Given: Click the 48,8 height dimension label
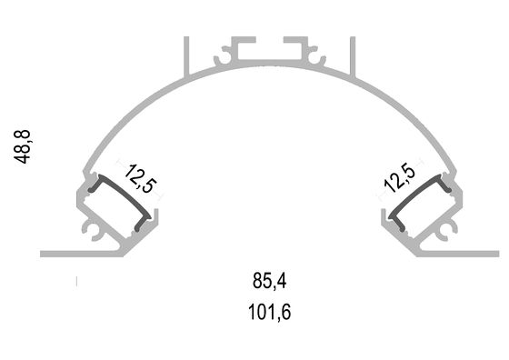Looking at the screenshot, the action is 22,146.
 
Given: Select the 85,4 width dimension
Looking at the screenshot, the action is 269,281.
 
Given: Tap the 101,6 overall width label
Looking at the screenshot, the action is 269,312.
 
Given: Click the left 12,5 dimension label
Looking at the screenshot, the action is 140,179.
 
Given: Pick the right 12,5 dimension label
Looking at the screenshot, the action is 399,179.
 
